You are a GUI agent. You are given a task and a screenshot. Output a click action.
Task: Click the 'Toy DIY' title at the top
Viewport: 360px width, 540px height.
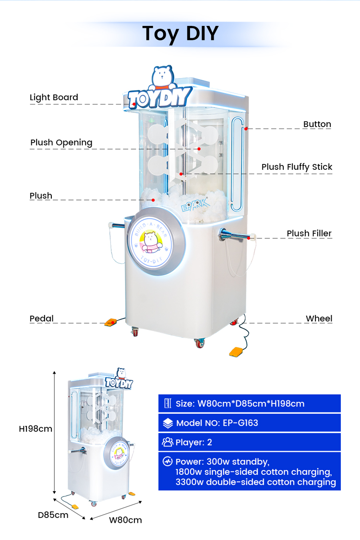click(180, 34)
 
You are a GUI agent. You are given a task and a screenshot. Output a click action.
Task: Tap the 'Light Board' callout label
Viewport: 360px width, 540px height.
click(54, 97)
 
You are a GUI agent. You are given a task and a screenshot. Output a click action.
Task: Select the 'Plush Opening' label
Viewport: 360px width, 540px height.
click(61, 142)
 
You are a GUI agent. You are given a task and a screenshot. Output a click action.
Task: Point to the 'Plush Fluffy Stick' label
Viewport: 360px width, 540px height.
click(297, 167)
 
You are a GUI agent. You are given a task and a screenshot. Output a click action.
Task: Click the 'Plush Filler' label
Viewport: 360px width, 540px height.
click(309, 233)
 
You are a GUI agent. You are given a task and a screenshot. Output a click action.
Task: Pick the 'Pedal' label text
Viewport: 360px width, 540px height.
click(41, 318)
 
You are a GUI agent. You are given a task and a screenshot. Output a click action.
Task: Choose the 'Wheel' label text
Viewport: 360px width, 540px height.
click(319, 318)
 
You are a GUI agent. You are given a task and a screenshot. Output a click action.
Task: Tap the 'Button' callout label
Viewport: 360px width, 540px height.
click(317, 124)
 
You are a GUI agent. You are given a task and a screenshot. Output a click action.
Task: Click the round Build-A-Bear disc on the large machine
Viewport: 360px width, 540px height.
click(156, 241)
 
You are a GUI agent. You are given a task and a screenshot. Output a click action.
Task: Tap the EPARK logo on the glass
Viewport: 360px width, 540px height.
click(195, 205)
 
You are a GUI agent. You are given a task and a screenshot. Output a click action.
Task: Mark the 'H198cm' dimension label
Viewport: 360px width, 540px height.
click(36, 429)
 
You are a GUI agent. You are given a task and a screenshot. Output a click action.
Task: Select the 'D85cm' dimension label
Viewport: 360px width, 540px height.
click(53, 515)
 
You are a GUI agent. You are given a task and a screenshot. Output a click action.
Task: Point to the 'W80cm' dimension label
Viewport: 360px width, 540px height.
click(125, 520)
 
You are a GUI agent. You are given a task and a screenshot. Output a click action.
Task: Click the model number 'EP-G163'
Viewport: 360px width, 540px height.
click(240, 423)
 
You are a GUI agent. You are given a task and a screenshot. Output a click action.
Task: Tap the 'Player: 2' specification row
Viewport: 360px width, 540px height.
click(249, 442)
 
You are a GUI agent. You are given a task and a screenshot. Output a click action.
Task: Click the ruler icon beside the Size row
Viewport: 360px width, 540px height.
click(168, 403)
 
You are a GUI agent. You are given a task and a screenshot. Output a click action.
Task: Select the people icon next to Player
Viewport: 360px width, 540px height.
click(168, 442)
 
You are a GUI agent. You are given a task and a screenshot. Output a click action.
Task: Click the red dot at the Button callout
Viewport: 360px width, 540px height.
click(246, 129)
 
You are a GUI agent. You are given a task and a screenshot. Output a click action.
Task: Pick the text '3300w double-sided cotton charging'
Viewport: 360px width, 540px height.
click(255, 482)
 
